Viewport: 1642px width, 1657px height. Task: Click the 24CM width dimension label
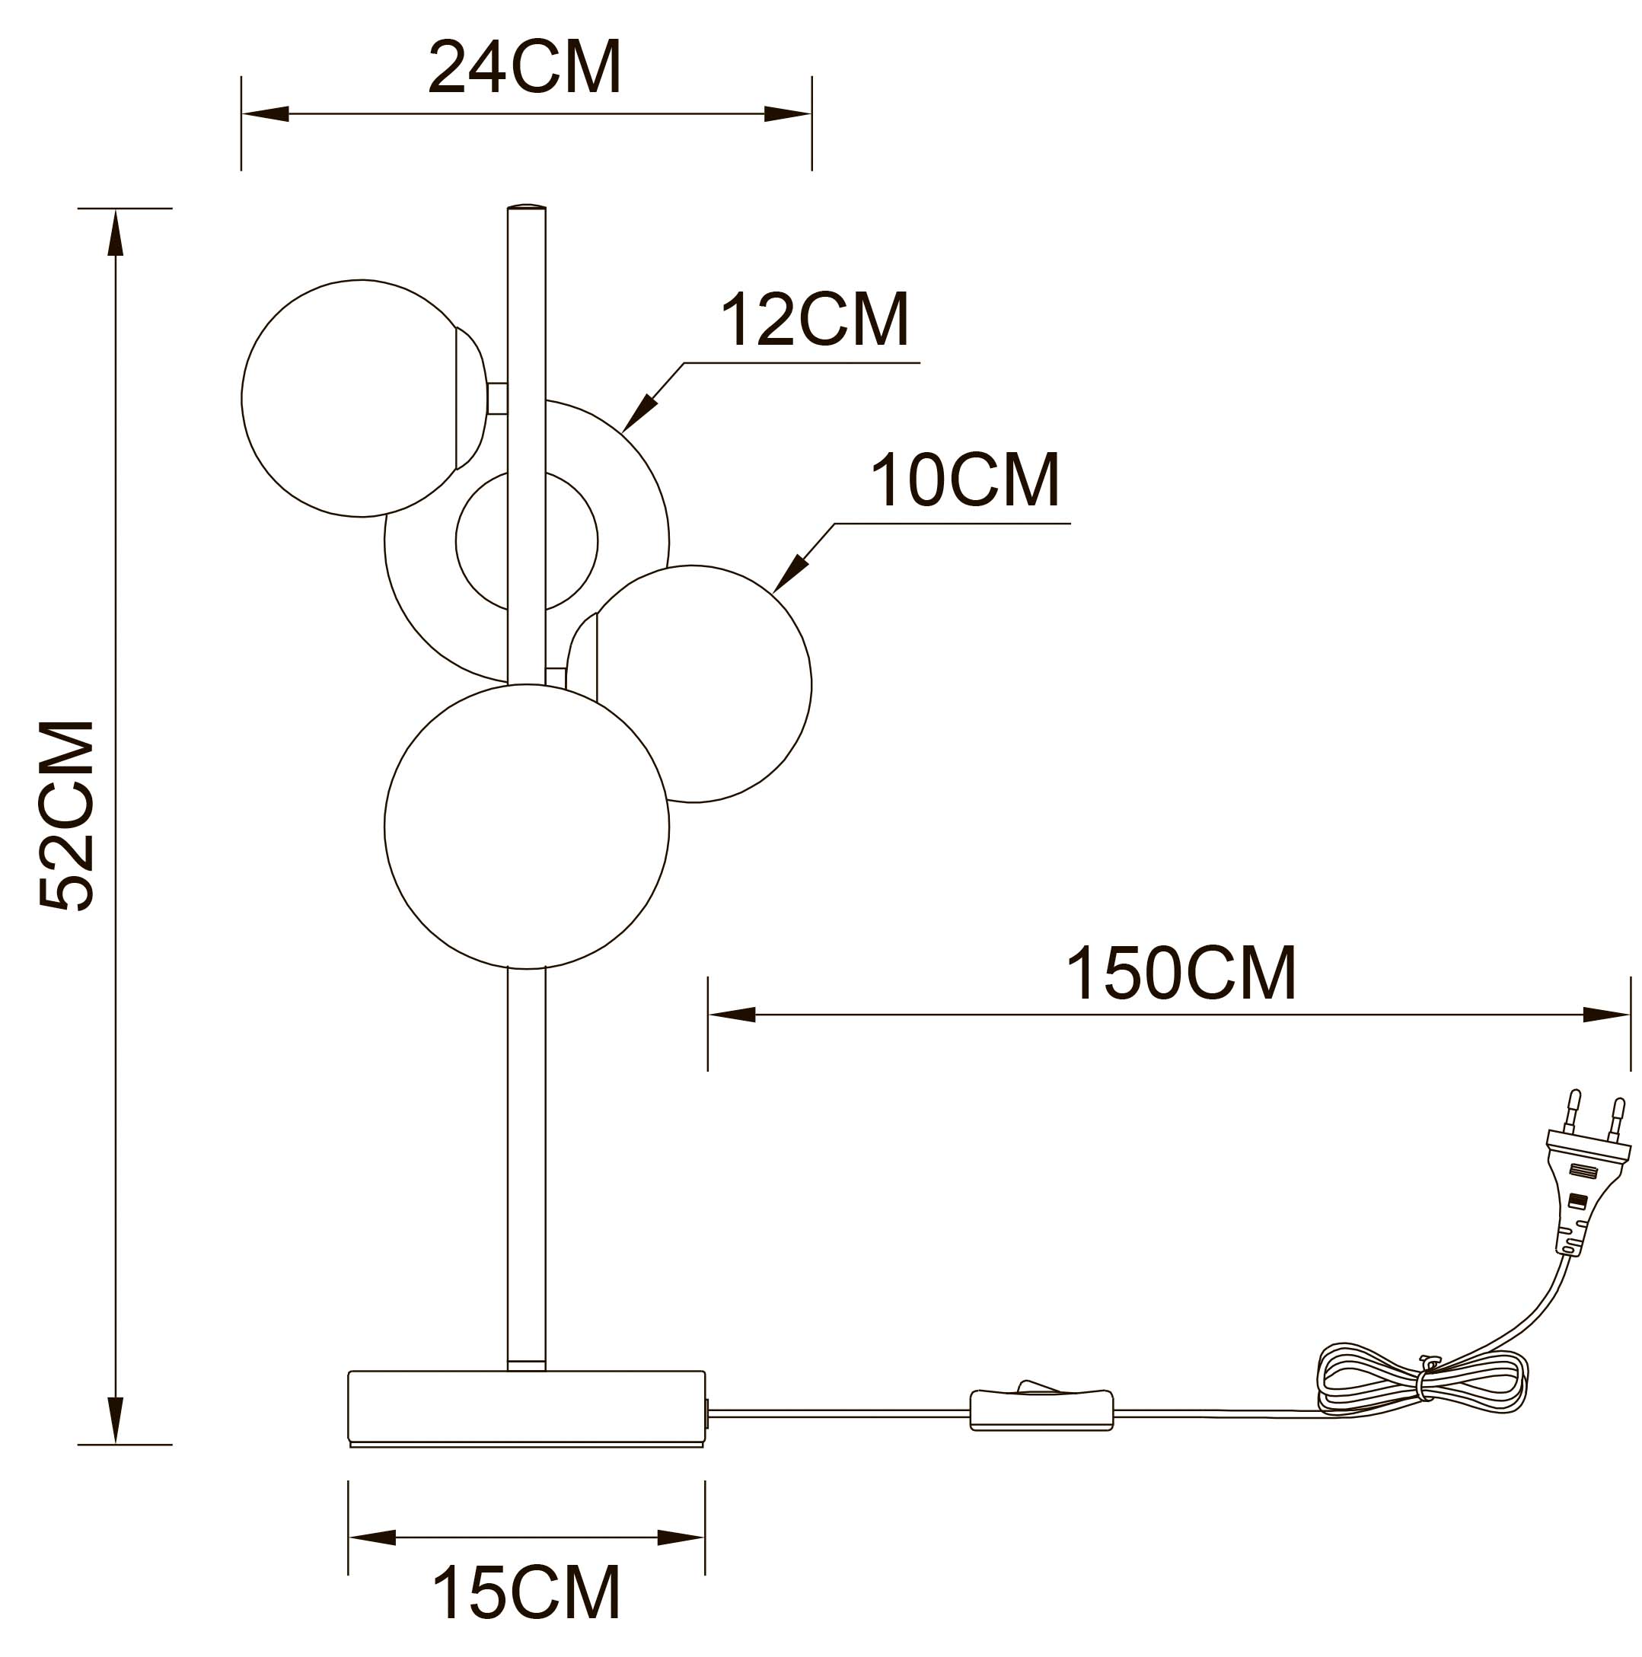[x=524, y=67]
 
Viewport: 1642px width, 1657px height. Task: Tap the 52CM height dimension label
[x=66, y=814]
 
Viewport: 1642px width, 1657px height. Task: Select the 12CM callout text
[x=814, y=319]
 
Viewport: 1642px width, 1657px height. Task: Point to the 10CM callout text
[x=965, y=480]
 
